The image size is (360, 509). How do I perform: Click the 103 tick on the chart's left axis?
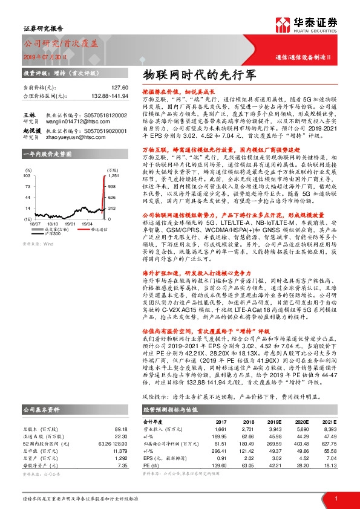[27, 175]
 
